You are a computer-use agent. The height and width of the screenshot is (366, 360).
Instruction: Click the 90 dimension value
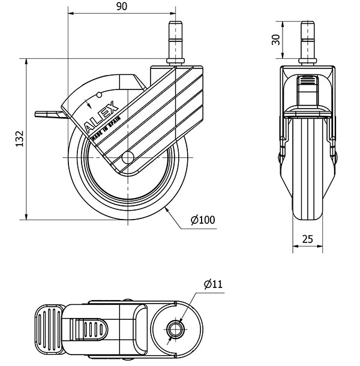coord(122,7)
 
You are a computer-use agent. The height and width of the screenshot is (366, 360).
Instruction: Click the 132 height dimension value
coord(20,139)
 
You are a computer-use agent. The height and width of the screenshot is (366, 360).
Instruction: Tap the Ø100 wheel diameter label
coord(203,220)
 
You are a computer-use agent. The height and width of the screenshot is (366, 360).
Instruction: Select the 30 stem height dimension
coord(276,40)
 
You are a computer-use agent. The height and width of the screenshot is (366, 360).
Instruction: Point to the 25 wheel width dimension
coord(307,239)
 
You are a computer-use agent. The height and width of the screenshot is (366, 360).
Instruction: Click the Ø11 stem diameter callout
coord(213,284)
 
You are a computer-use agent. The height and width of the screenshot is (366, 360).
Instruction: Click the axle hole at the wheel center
coord(128,158)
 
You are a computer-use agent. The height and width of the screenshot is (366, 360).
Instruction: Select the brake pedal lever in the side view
coord(50,114)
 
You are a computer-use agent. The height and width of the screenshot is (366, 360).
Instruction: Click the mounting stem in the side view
coord(176,42)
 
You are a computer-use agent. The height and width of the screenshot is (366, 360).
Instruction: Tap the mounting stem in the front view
coord(307,42)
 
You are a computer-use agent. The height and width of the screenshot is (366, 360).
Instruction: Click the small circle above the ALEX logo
coord(99,95)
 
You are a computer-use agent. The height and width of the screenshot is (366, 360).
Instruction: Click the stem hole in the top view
coord(174,329)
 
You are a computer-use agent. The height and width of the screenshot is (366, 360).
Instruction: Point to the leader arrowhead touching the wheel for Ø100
coord(167,209)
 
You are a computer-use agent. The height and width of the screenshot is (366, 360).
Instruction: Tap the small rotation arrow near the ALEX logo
coord(88,103)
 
